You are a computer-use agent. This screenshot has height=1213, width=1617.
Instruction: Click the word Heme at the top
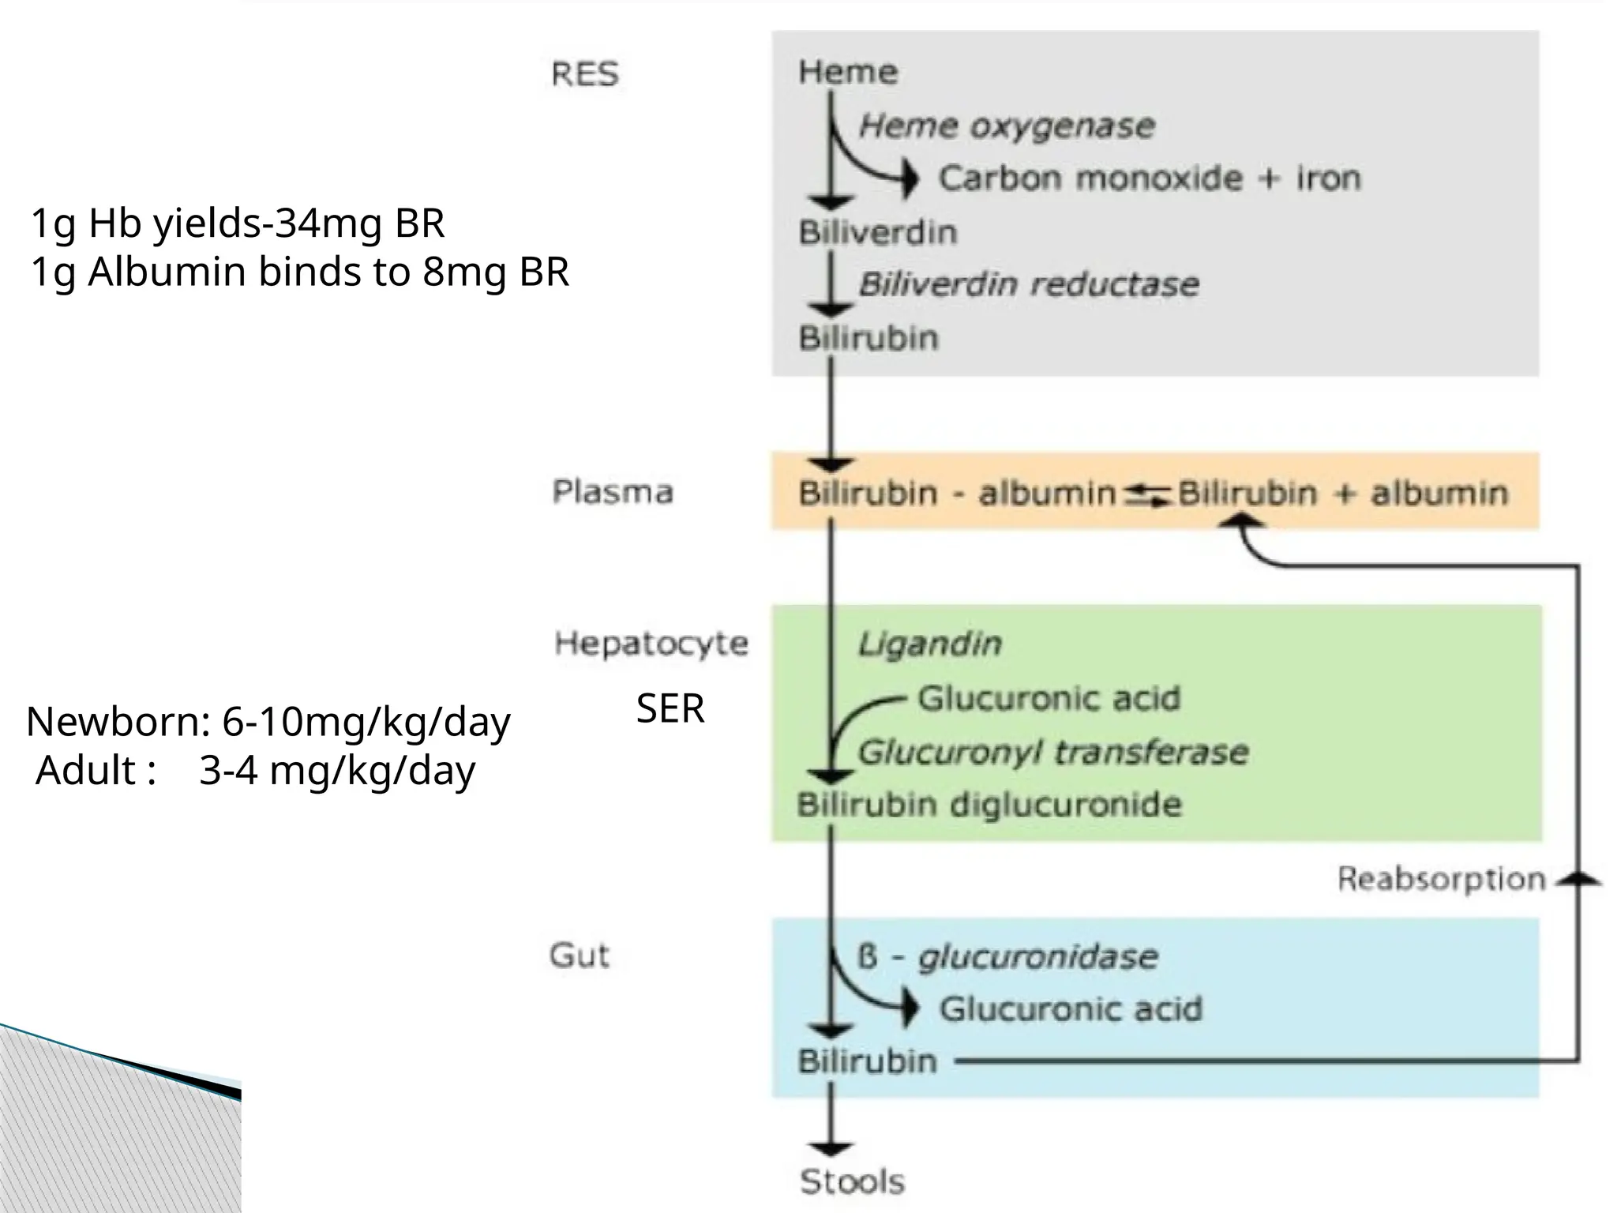847,72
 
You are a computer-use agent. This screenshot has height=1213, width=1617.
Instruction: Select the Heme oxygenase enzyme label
1007,126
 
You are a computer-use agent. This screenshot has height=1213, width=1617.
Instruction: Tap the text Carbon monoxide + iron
1150,178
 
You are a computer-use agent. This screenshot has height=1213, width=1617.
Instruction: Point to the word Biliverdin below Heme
877,232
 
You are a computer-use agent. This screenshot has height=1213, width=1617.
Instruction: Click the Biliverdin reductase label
1029,284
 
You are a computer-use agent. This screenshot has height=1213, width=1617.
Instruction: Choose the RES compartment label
584,74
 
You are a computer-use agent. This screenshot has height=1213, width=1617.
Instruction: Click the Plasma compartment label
612,491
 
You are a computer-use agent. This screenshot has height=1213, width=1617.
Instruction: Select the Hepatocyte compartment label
651,643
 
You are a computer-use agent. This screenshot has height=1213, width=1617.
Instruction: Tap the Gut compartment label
580,956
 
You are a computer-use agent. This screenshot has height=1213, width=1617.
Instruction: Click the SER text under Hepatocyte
670,708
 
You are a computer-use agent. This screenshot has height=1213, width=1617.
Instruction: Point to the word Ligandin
929,644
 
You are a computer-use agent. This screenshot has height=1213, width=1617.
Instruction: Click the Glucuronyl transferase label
1053,752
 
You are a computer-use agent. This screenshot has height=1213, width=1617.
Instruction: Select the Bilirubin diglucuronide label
989,805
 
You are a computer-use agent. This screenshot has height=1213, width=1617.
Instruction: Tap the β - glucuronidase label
1007,957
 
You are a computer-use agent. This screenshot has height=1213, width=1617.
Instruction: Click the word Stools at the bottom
852,1182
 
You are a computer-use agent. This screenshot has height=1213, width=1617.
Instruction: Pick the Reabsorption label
1441,879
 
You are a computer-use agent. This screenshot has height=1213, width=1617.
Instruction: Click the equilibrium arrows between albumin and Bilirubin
1146,494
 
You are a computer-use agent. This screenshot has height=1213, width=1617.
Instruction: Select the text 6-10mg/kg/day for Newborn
366,722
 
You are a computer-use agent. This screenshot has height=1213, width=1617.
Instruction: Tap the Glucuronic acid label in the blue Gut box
1071,1009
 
